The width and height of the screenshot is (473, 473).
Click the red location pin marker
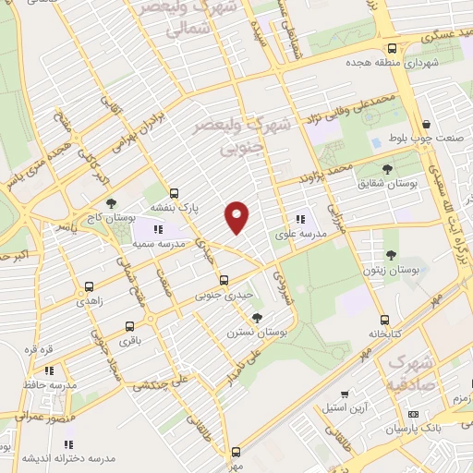point(237,216)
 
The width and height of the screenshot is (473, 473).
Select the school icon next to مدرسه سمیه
point(158,228)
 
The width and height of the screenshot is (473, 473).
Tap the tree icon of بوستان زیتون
point(391,251)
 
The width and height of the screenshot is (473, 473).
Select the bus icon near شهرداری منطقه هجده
point(393,48)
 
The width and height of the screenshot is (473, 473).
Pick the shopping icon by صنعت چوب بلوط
point(425,124)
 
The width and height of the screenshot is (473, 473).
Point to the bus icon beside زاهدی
point(89,286)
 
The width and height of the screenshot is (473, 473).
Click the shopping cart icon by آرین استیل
point(344,393)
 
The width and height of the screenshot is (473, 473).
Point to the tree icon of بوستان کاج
point(112,202)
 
